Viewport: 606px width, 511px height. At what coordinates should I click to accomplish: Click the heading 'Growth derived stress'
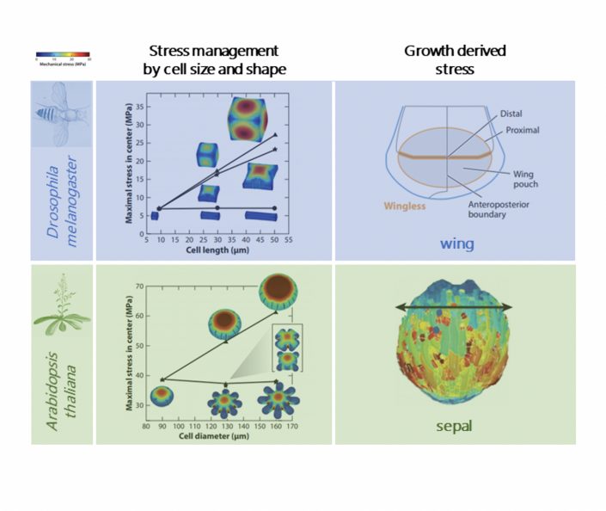455,59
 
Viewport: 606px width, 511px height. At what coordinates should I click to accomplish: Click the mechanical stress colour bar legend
62,56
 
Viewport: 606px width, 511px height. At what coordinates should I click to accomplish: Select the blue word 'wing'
456,243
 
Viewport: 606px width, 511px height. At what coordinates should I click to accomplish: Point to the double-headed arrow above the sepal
455,307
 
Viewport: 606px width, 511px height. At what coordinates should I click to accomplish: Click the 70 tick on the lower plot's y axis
137,286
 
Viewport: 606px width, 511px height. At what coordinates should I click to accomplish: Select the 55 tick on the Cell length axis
289,242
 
